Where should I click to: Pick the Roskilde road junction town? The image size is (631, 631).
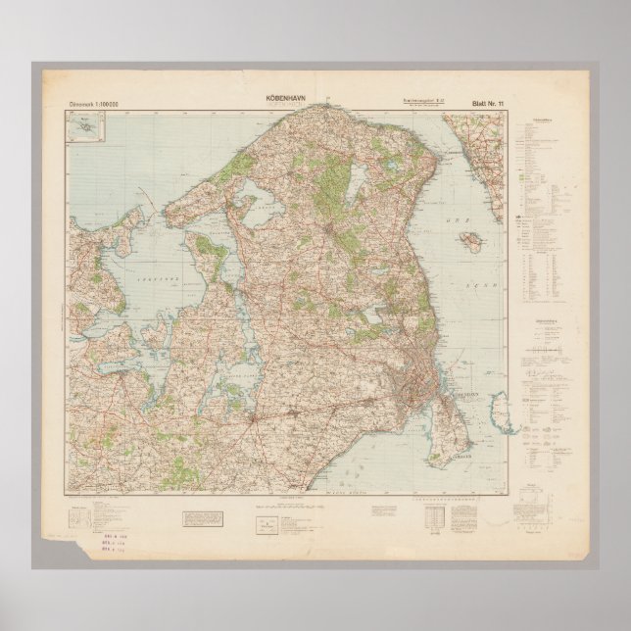pos(257,419)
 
